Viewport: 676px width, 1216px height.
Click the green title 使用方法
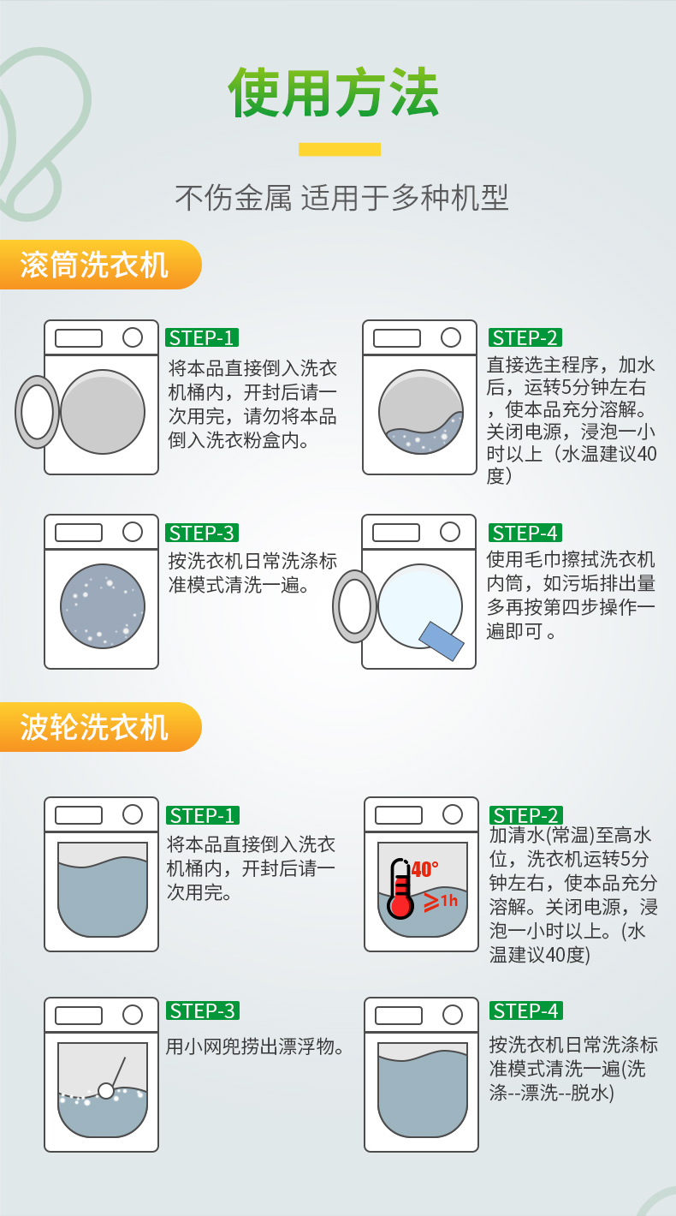pos(333,92)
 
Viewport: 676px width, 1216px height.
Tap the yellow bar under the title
pos(340,149)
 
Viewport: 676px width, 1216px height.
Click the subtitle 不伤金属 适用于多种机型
pos(341,197)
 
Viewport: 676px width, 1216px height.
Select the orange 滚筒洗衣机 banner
pos(100,265)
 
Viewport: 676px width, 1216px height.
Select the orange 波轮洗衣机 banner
pos(100,727)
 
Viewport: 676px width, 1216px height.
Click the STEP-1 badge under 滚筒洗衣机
pos(202,337)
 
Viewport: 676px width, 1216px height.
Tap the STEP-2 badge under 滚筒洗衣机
pos(525,337)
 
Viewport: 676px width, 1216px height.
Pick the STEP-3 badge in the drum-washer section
pos(202,533)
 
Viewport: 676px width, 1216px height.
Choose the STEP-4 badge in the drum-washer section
pos(525,533)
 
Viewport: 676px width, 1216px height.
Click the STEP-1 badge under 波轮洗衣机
pos(202,815)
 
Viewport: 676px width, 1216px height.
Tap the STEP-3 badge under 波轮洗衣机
pos(202,1010)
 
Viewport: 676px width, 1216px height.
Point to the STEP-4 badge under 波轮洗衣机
pos(526,1010)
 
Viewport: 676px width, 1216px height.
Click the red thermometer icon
pos(400,889)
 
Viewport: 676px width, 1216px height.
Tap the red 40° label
pos(424,870)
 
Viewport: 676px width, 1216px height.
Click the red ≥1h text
pos(441,902)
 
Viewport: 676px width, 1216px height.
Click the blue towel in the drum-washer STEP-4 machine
pos(442,641)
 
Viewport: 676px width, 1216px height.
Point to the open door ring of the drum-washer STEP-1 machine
pos(21,412)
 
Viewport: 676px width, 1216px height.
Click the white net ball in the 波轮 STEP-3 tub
pos(106,1090)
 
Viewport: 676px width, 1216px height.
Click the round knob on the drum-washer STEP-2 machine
pos(451,337)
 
